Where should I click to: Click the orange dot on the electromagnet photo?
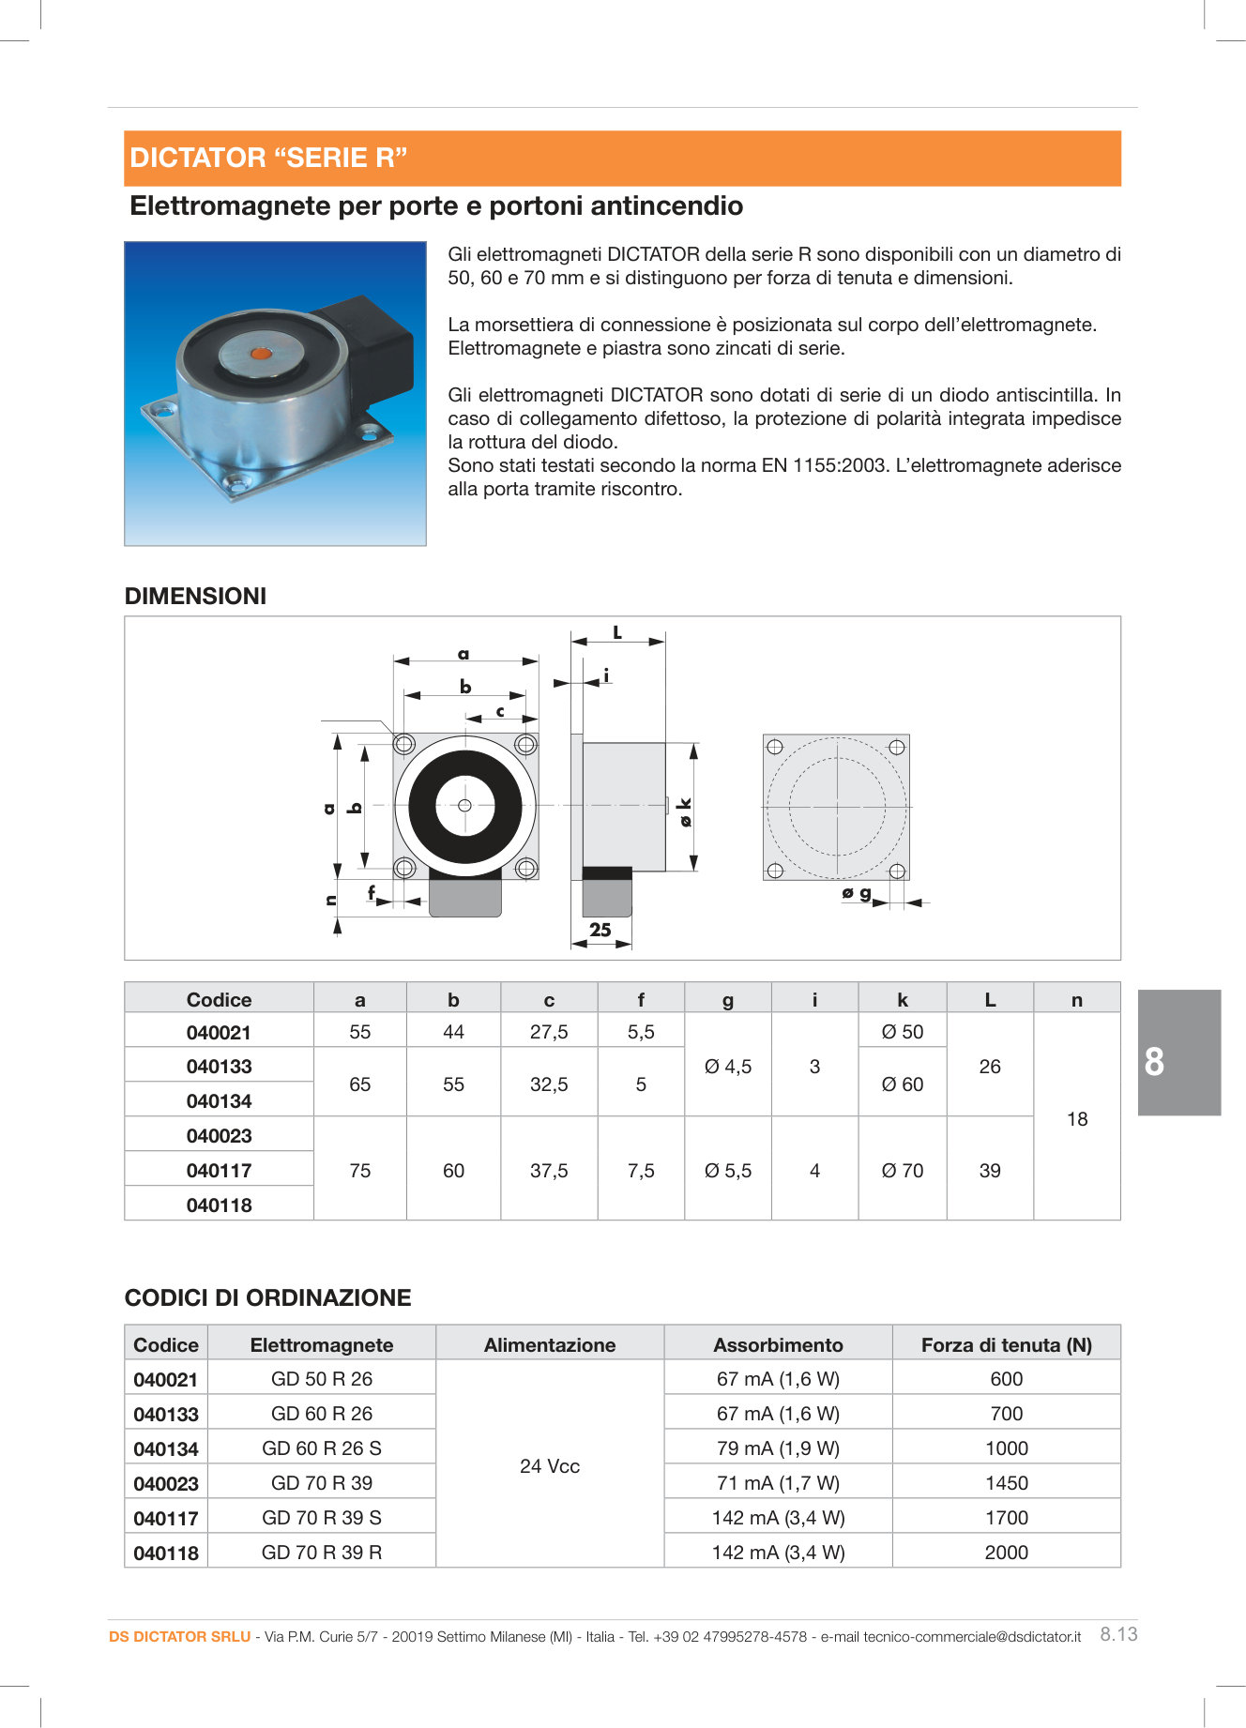pos(259,354)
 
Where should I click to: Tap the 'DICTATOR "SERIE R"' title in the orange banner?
pos(268,158)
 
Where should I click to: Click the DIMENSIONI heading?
pos(195,596)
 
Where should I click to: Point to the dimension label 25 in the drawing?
pos(600,930)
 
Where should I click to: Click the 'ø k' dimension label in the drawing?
pos(685,811)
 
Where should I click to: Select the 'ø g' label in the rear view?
pos(857,892)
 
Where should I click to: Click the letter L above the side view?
pos(617,633)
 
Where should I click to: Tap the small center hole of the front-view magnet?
pos(464,805)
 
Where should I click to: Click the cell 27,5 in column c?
pos(549,1032)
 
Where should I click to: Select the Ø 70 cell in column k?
pos(902,1170)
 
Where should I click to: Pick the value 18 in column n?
pos(1077,1118)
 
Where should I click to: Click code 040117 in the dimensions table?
pos(219,1170)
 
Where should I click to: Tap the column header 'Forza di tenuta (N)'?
pos(1006,1344)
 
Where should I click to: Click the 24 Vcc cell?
pos(550,1465)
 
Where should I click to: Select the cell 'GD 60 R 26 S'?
pos(321,1448)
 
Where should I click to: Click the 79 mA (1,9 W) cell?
pos(778,1448)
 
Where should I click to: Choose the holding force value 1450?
pos(1006,1482)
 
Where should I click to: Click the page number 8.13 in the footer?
pos(1118,1633)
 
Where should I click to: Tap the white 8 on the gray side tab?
pos(1154,1062)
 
